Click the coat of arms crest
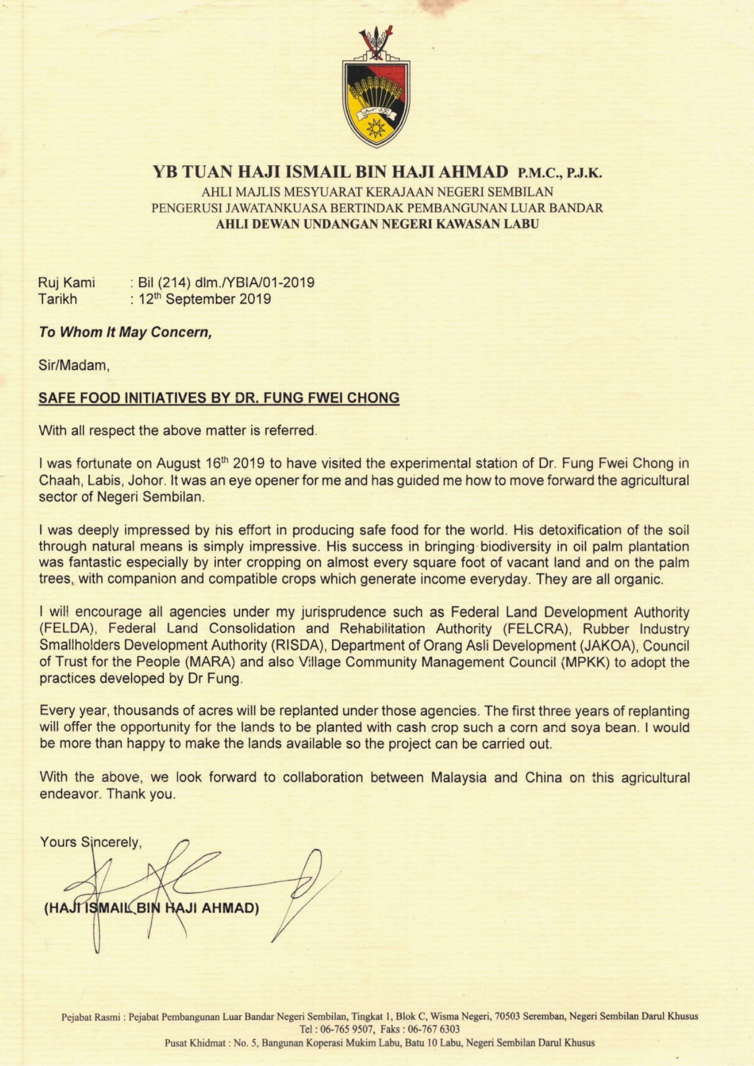pos(376,88)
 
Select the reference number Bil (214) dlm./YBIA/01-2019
pos(226,282)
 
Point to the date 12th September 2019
pos(204,299)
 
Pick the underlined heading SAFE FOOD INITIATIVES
pos(219,398)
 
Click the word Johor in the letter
pos(146,480)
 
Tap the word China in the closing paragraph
pos(543,778)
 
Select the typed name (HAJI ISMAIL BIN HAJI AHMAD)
pos(151,908)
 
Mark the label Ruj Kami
pos(66,282)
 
